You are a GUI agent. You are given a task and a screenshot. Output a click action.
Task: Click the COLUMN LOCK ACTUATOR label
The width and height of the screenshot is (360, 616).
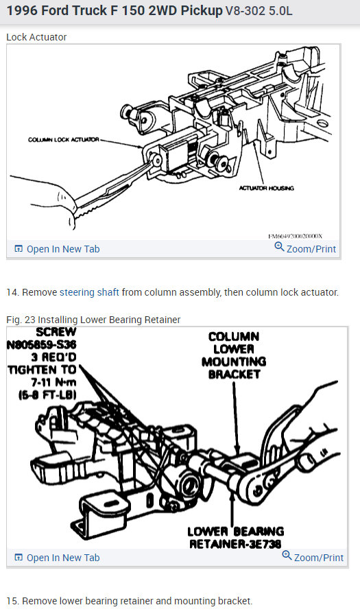pos(63,139)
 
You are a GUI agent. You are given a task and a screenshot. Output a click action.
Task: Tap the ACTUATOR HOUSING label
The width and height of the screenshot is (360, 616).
pos(265,187)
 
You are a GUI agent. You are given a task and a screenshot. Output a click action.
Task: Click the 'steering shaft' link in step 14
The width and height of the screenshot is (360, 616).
pos(89,292)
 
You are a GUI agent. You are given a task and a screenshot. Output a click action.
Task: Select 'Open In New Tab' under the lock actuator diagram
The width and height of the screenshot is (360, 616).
pos(57,249)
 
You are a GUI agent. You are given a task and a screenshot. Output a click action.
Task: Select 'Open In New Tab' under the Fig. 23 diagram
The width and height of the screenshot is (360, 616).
pos(57,558)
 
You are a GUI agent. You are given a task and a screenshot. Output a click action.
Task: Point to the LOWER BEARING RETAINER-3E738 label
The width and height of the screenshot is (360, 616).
pos(235,537)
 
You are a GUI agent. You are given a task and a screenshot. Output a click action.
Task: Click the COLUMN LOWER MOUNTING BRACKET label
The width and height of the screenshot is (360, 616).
pos(234,355)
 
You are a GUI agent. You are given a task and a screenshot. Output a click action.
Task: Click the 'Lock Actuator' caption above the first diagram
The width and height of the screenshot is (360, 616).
pos(36,36)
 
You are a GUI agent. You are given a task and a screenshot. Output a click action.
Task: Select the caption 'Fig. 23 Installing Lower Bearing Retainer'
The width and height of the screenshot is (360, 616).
pos(93,320)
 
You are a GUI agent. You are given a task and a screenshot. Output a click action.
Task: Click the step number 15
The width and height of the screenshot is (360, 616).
pos(12,601)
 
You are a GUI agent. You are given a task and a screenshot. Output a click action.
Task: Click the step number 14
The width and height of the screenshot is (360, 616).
pos(12,292)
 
